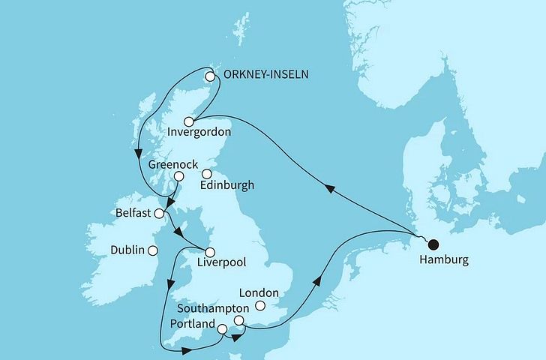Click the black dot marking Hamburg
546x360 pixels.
[x=432, y=243]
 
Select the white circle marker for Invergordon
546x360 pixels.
[x=190, y=121]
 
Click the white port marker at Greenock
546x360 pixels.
[x=179, y=176]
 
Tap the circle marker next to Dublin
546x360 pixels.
[x=153, y=251]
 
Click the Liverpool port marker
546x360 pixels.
[x=211, y=252]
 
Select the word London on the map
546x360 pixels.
[x=258, y=293]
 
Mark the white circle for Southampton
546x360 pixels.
[x=238, y=320]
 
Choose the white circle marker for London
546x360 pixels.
[x=260, y=306]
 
